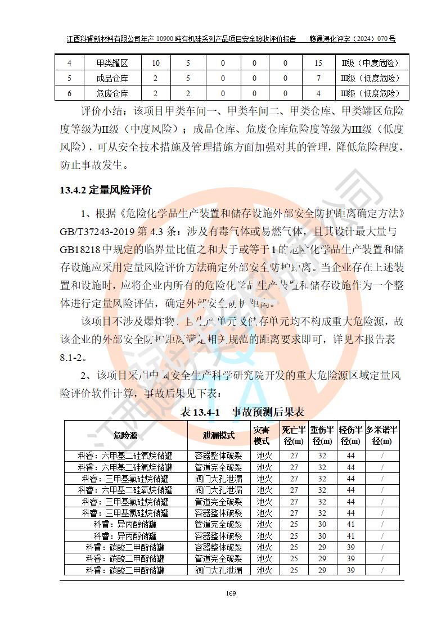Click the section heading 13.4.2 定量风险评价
106,190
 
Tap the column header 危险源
125,435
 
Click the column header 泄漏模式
218,435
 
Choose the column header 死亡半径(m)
294,435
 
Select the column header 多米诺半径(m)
382,435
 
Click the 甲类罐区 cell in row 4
112,64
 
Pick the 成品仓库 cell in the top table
112,78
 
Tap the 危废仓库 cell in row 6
112,93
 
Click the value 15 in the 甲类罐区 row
318,64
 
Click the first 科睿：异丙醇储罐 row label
125,525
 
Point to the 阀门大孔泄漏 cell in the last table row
218,570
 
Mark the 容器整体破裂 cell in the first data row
218,456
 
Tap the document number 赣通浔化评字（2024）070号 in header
353,39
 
